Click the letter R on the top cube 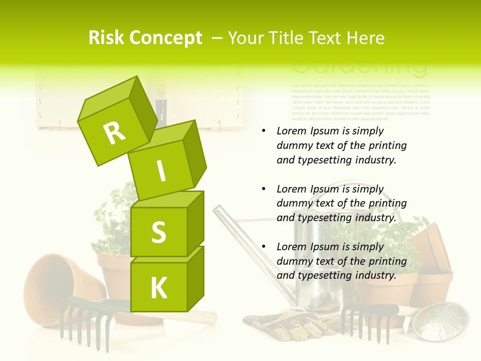(x=114, y=133)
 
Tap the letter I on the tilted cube (x=161, y=171)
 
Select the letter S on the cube (x=158, y=232)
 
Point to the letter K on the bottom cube (x=158, y=288)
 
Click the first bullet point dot (x=264, y=131)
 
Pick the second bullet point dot (x=264, y=189)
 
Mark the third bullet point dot (x=264, y=247)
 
